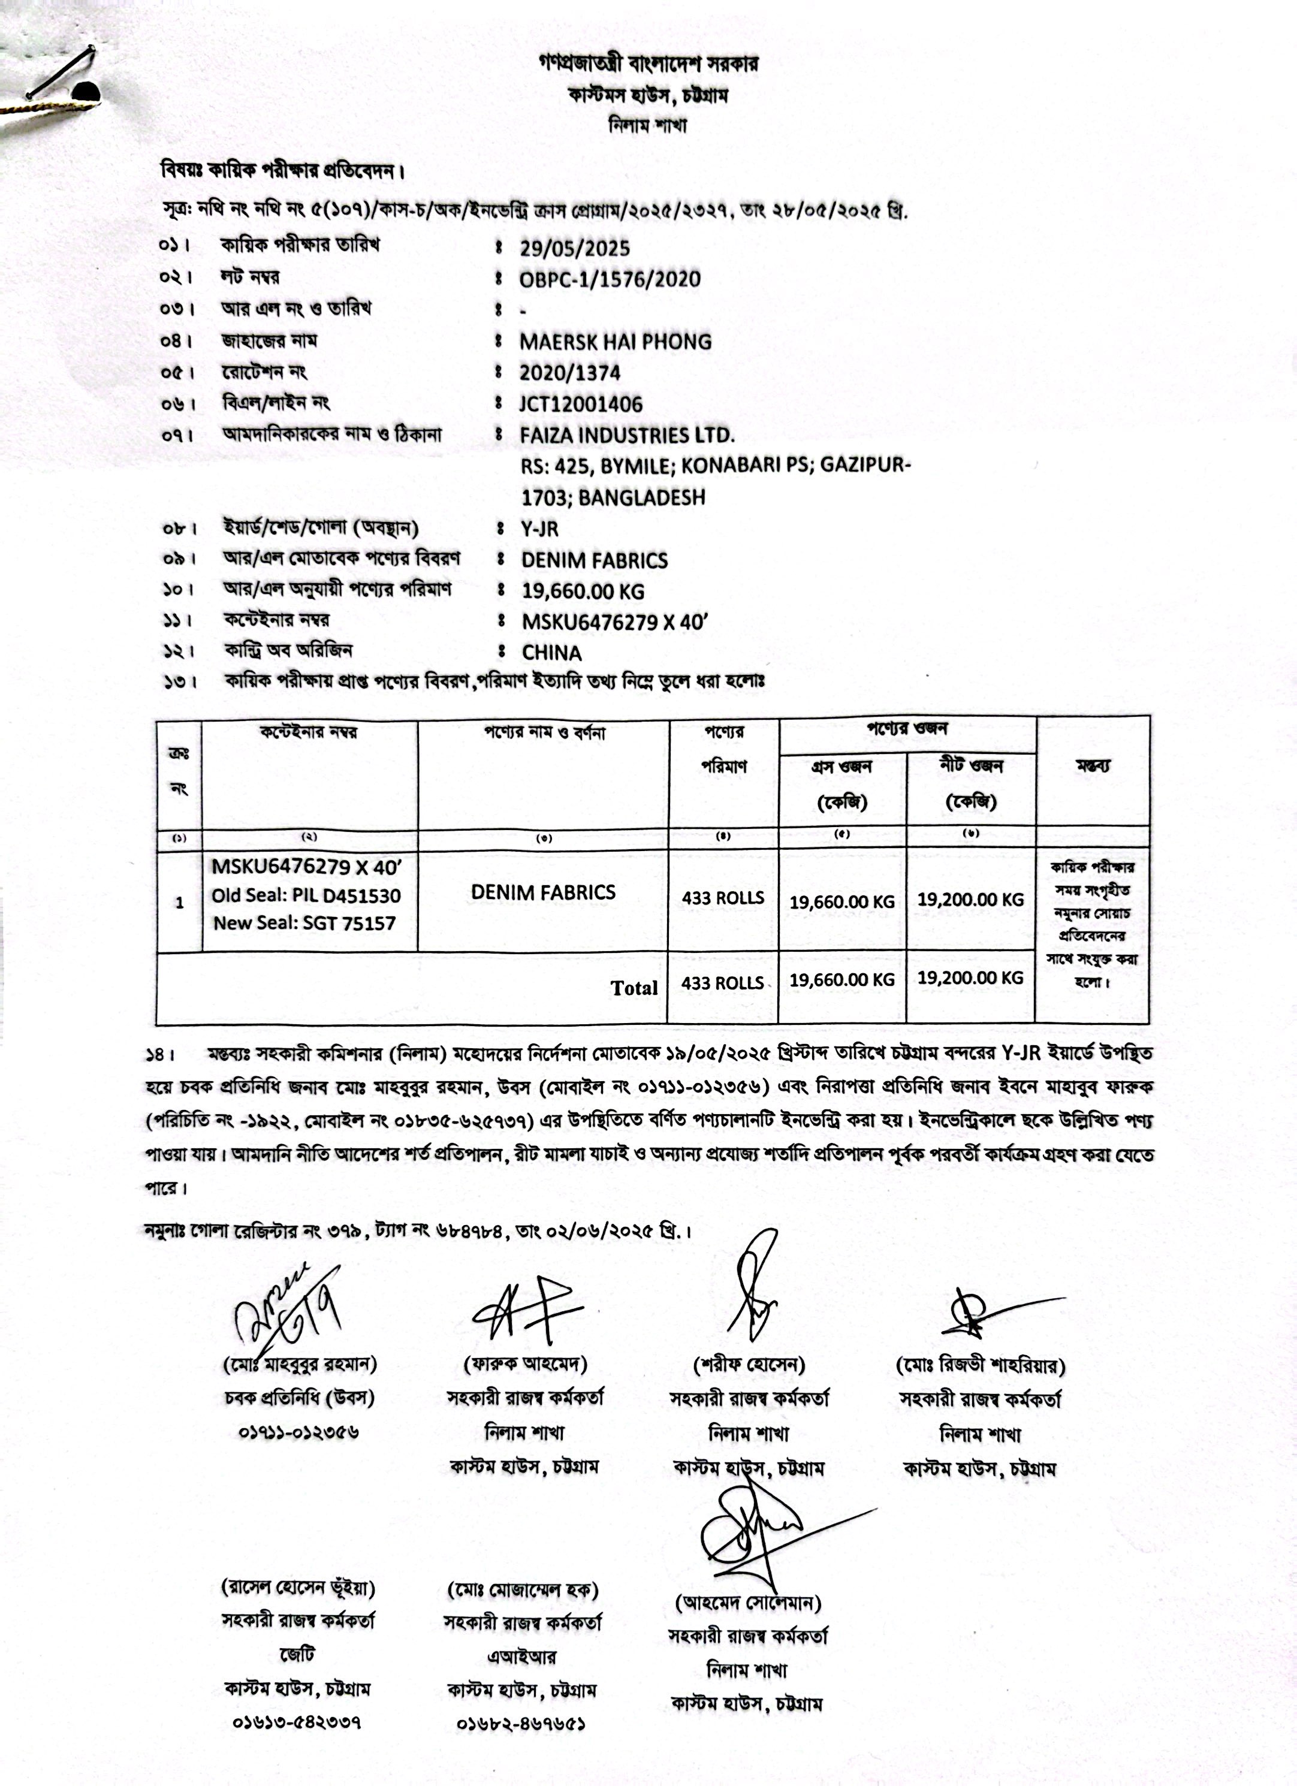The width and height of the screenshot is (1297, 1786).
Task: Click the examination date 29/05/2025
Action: [574, 249]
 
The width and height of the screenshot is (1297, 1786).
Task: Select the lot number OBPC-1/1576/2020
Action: [610, 279]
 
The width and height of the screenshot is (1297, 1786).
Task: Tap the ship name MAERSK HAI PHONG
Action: [615, 342]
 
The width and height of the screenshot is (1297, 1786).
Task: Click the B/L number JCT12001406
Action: [580, 404]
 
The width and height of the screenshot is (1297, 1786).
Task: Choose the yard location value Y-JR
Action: [539, 529]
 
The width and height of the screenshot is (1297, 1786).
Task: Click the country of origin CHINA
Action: [551, 653]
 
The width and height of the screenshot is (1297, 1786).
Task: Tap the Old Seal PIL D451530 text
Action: [306, 895]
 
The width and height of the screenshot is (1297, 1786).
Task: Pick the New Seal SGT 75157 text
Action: [304, 923]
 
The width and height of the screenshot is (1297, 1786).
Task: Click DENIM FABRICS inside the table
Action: [544, 892]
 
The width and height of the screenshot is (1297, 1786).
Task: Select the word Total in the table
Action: [634, 988]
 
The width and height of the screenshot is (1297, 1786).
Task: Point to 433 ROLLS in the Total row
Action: [722, 983]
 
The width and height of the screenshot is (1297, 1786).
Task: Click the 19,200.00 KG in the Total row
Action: [970, 978]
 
